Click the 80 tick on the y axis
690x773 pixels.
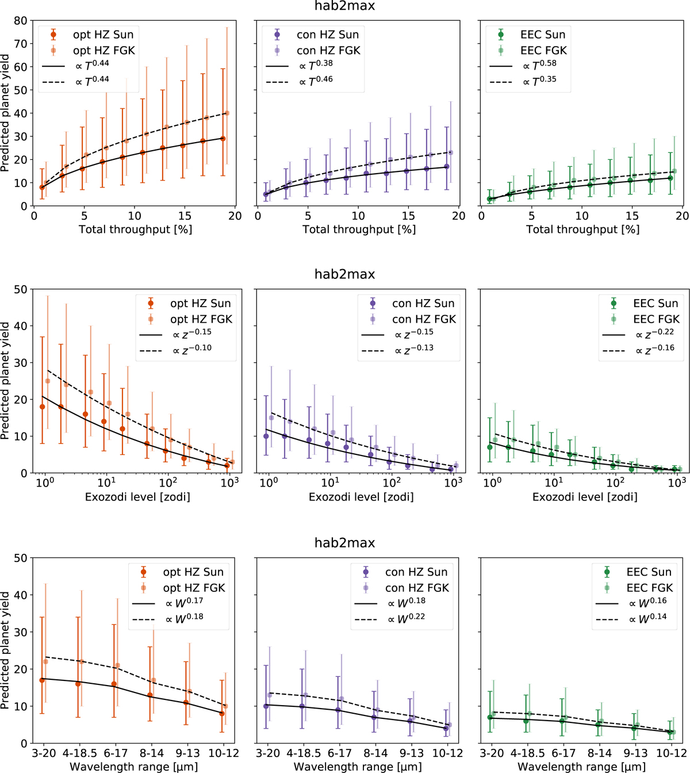(x=21, y=21)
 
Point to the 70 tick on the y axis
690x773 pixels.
(x=21, y=44)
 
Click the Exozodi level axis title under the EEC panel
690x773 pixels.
(x=585, y=496)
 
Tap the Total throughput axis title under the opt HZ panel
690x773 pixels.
(x=135, y=229)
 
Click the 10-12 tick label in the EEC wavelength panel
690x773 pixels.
(x=671, y=753)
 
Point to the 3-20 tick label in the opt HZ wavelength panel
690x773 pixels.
(x=44, y=753)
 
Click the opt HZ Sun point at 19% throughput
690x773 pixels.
(x=223, y=139)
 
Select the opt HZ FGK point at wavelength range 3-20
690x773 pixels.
(x=45, y=661)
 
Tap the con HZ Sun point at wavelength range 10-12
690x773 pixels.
(x=446, y=728)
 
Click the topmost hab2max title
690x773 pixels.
(x=345, y=6)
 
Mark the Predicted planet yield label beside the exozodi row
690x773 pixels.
(x=5, y=381)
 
